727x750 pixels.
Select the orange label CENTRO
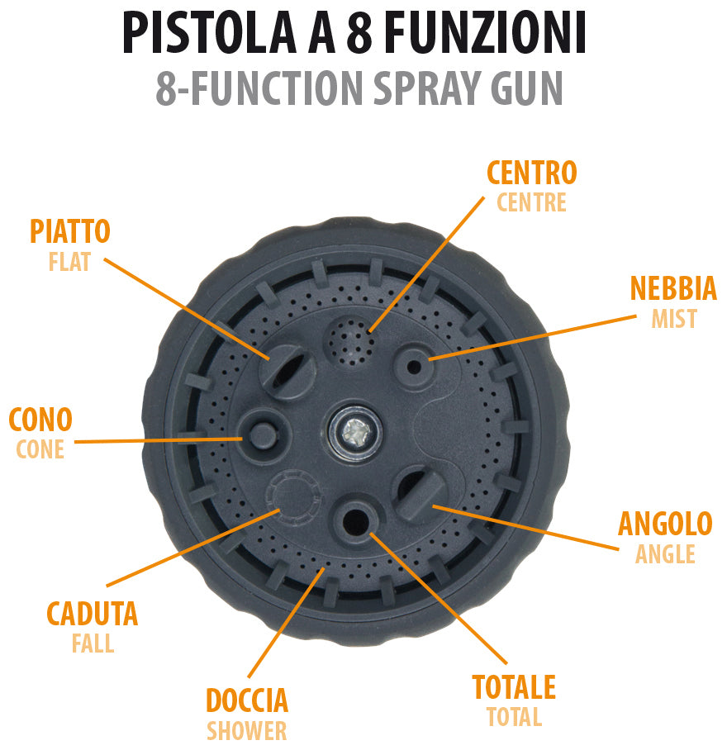[x=531, y=173]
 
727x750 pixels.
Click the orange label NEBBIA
[x=672, y=289]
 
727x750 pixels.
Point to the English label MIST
[x=673, y=319]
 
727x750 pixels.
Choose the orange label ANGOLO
[x=664, y=524]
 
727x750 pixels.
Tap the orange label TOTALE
[x=513, y=687]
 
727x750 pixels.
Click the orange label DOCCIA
[x=246, y=700]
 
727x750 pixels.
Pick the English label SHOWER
[x=246, y=731]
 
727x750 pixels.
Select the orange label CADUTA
[x=92, y=615]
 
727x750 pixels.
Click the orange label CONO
[x=40, y=420]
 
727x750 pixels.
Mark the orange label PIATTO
[x=70, y=232]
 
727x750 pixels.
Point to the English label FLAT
[x=69, y=263]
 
